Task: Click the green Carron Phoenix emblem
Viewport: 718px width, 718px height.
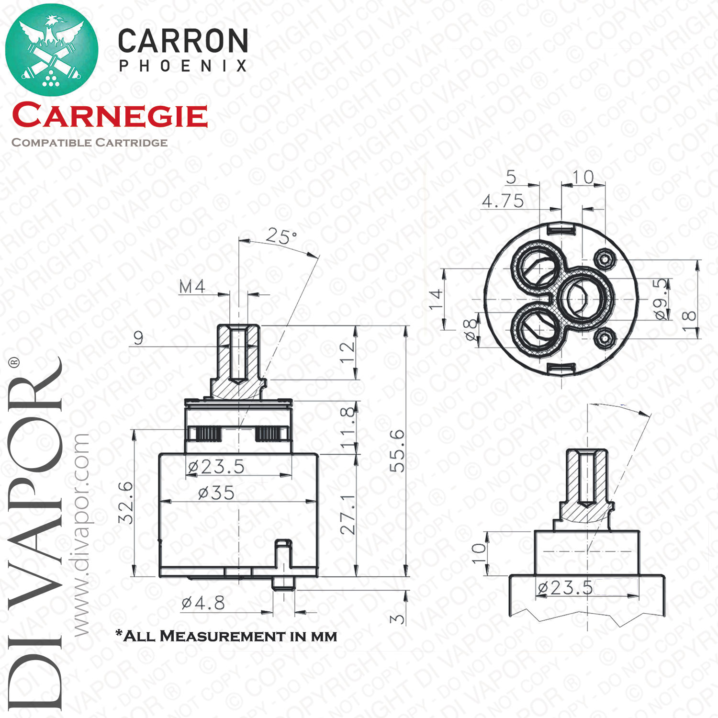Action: [52, 49]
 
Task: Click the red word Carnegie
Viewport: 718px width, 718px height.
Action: [110, 116]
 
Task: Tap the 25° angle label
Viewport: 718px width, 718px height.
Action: [281, 236]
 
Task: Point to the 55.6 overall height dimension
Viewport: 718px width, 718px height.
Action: [397, 450]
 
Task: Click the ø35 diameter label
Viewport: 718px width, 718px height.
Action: [217, 493]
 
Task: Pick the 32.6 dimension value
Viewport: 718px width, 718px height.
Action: [126, 503]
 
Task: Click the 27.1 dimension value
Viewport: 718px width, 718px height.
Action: [348, 515]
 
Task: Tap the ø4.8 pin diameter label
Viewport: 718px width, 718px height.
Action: [203, 603]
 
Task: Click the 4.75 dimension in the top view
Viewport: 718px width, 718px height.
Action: [503, 201]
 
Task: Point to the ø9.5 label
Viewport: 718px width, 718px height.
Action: [661, 299]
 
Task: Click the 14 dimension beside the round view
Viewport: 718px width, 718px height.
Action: [436, 300]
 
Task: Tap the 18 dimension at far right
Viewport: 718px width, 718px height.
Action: [688, 316]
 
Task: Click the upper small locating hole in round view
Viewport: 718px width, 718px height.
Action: [604, 259]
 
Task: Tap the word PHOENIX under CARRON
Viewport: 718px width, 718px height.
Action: [183, 66]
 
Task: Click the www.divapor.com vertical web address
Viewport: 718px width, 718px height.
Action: [81, 535]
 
